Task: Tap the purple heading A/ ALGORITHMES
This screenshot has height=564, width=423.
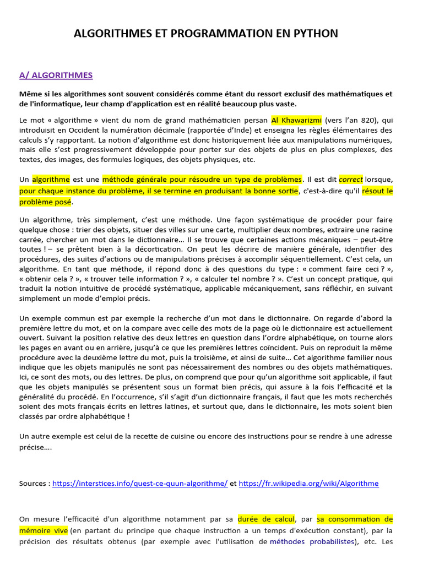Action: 56,75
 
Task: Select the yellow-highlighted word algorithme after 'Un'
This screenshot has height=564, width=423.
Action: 51,180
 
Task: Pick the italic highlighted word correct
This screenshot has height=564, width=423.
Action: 351,180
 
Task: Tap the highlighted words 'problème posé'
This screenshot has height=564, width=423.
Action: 45,202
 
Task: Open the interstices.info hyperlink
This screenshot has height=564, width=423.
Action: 140,484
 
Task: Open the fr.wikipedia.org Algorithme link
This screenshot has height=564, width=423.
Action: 309,484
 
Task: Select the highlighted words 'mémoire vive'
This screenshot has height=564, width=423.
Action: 44,530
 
